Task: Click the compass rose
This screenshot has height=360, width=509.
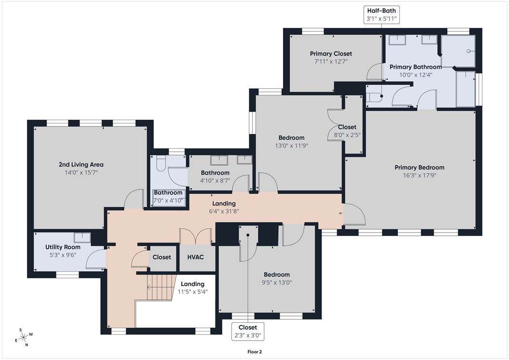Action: (24, 337)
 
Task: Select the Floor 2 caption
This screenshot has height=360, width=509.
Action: (254, 352)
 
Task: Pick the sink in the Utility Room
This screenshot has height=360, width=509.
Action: (82, 237)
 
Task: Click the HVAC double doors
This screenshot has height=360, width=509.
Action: (195, 236)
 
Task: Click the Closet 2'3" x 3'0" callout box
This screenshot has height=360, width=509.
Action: (248, 331)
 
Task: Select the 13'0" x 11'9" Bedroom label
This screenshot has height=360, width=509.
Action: (291, 141)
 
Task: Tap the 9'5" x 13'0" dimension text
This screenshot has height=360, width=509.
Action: (277, 283)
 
